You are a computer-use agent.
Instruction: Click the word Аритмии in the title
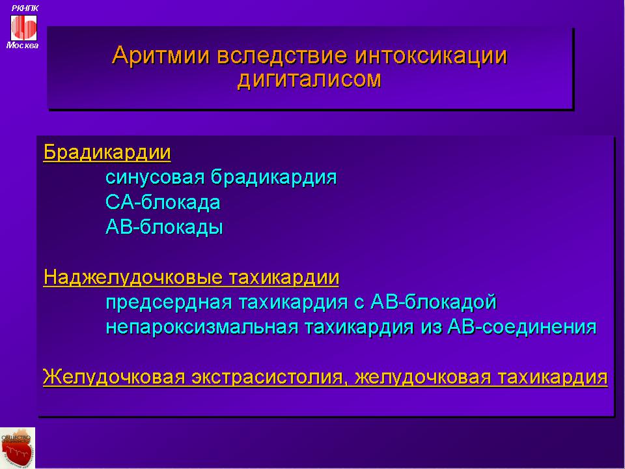coord(160,56)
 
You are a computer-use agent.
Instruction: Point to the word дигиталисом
coord(309,79)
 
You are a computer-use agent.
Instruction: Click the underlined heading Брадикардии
coord(107,152)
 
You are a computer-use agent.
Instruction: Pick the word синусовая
coord(155,177)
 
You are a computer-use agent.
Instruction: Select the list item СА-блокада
coord(163,203)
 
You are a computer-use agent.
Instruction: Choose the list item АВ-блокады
coord(164,227)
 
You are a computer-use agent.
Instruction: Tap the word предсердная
coord(169,302)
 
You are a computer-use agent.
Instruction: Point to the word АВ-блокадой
coord(434,302)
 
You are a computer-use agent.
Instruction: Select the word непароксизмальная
coord(202,328)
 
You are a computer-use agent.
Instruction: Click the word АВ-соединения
coord(521,327)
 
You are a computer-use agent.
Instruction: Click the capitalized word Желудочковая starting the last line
coord(113,377)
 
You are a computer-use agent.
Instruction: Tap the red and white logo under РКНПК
coord(23,27)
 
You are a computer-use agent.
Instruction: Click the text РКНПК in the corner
coord(25,8)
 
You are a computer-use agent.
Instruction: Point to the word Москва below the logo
coord(22,46)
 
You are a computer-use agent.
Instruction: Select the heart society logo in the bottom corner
coord(18,448)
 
